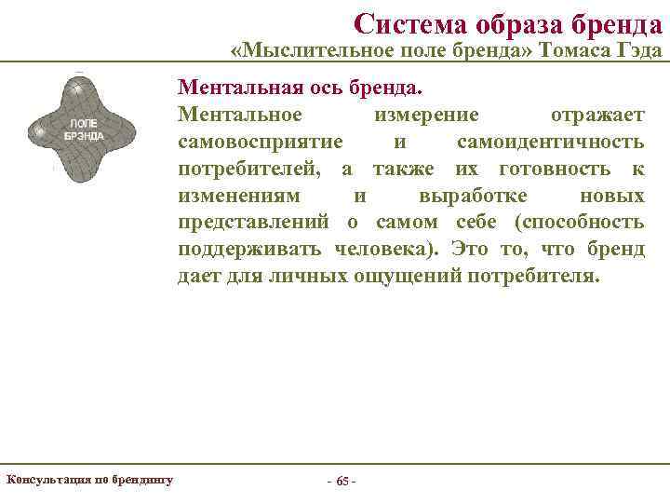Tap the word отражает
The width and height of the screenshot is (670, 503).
click(597, 115)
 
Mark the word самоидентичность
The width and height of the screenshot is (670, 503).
click(550, 142)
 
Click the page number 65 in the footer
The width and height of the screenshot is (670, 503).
click(342, 482)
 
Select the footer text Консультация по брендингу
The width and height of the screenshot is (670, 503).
click(89, 480)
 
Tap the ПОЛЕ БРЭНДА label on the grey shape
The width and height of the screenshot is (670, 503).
click(84, 129)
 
